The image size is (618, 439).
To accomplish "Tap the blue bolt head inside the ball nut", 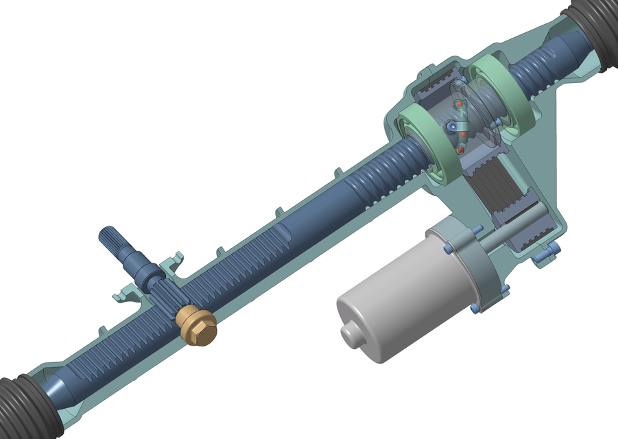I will (x=451, y=128).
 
